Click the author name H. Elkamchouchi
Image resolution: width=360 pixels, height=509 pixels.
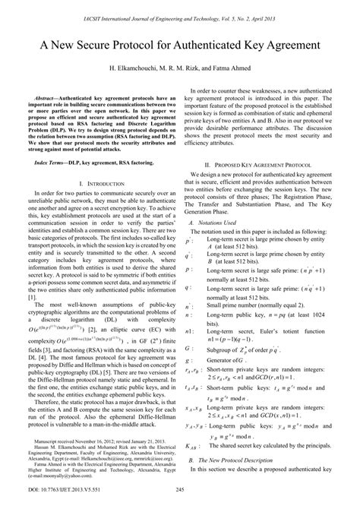tap(135, 69)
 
